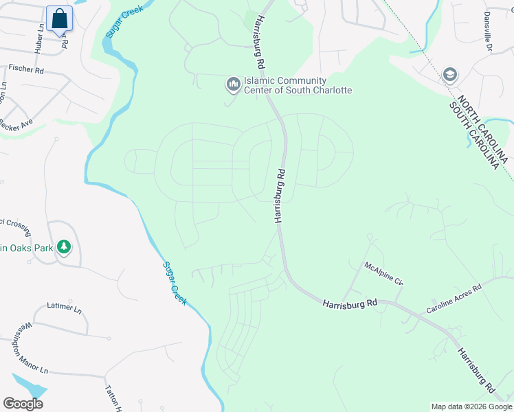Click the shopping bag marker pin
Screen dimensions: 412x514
[x=60, y=19]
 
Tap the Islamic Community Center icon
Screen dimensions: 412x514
[x=233, y=84]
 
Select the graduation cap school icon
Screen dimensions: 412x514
[x=450, y=75]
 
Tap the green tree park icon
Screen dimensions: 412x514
[x=64, y=246]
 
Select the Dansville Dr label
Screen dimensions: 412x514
[x=487, y=31]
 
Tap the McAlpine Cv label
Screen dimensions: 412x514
[x=383, y=273]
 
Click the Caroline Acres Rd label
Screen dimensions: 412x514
[x=454, y=300]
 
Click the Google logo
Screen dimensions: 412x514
[x=23, y=403]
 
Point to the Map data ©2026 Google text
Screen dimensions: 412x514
[x=471, y=407]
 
